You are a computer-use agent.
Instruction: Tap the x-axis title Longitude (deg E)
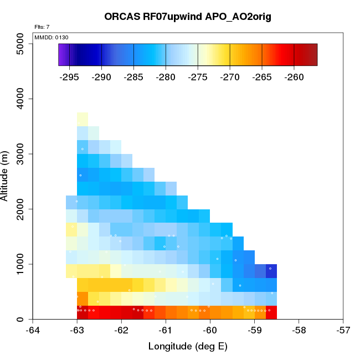(x=188, y=347)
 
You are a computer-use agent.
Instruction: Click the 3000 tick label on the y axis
(x=23, y=154)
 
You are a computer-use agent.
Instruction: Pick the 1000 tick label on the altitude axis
(x=23, y=264)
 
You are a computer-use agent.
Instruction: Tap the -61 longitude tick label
(x=166, y=330)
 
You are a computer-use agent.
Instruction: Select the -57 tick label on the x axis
(x=343, y=330)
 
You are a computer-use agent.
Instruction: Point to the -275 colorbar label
(x=198, y=77)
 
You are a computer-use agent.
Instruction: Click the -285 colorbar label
(x=134, y=77)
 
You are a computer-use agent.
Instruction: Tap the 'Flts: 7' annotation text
(x=42, y=27)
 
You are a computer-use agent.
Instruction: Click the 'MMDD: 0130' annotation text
(x=52, y=37)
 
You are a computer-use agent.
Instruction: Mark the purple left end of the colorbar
(x=61, y=55)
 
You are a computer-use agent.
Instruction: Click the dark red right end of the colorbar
(x=313, y=55)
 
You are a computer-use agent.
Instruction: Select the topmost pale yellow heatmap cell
(x=83, y=119)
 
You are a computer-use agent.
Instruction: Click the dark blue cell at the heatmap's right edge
(x=271, y=271)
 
